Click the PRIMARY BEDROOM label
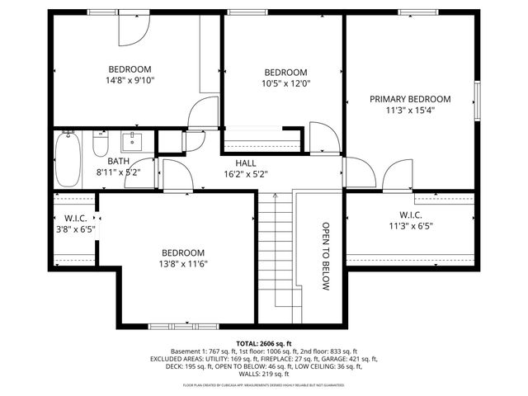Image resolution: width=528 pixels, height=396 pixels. click(410, 97)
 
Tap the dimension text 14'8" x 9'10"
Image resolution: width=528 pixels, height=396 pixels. click(130, 81)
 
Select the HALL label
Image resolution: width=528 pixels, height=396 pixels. click(246, 163)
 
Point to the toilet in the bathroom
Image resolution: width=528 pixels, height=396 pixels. click(101, 146)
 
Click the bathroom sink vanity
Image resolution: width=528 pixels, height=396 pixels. click(134, 142)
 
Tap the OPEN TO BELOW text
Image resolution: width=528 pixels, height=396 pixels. click(326, 256)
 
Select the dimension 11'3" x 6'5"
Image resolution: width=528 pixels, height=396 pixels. click(410, 225)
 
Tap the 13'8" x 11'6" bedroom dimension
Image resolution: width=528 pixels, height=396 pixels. click(182, 264)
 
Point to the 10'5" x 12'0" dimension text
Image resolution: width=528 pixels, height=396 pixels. click(285, 83)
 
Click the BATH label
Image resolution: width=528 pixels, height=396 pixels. click(118, 162)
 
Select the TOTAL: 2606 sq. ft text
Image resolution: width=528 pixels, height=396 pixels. click(264, 342)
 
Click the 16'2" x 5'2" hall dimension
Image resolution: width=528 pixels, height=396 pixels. click(246, 174)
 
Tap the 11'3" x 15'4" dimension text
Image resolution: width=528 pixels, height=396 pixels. click(410, 109)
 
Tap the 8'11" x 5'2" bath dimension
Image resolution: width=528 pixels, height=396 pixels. click(118, 173)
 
